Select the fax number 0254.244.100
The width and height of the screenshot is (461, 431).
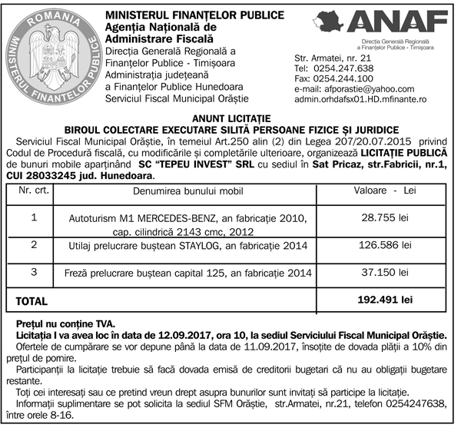click(345, 78)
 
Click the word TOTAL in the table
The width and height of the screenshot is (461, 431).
click(32, 302)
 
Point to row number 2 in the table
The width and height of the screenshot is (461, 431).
click(34, 244)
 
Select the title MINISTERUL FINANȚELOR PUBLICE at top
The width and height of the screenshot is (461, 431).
click(184, 15)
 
